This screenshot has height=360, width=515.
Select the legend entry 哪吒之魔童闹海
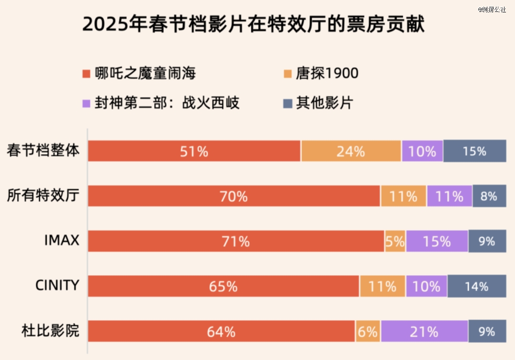[139, 73]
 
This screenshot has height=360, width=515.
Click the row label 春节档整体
[43, 151]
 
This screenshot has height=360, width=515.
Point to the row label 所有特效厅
[43, 196]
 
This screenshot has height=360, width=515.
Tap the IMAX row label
[62, 241]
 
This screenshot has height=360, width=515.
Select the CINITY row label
[57, 286]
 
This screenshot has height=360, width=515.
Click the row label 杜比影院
[50, 330]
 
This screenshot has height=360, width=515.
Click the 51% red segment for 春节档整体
[194, 151]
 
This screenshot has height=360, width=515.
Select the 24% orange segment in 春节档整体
[351, 151]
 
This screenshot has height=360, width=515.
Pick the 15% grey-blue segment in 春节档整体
[474, 151]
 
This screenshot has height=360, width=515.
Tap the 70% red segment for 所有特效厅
[234, 196]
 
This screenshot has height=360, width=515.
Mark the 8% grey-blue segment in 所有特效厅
[489, 196]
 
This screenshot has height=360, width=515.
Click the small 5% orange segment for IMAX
[395, 241]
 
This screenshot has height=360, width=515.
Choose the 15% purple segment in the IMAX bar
[437, 241]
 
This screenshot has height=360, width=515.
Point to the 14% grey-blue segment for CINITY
[476, 286]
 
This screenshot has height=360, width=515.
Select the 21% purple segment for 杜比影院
[424, 331]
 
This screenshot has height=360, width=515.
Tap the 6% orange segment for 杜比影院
[368, 331]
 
